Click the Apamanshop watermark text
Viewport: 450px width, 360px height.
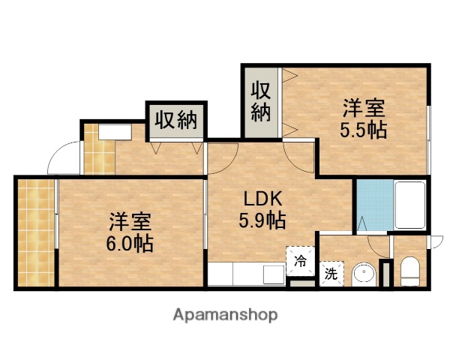tap(225, 314)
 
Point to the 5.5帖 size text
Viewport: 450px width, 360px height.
tap(364, 129)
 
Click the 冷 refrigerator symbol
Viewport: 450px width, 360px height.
tap(300, 261)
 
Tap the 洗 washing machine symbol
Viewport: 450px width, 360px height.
tap(331, 274)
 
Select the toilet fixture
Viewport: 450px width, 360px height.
tap(410, 271)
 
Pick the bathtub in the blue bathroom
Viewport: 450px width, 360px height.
tap(409, 205)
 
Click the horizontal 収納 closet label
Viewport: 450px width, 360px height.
tap(176, 120)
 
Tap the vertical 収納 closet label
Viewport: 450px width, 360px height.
tap(260, 102)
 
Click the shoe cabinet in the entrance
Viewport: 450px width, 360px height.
tap(113, 132)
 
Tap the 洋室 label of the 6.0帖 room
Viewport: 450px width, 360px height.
tap(130, 222)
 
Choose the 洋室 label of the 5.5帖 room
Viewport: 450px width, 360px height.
tap(364, 107)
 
